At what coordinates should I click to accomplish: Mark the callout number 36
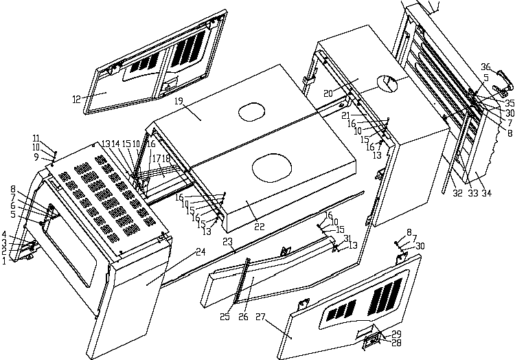(x=485, y=67)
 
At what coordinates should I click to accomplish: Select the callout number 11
(x=36, y=138)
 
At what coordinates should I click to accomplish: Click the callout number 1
(x=4, y=261)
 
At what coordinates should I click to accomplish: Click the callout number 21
(x=347, y=115)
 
